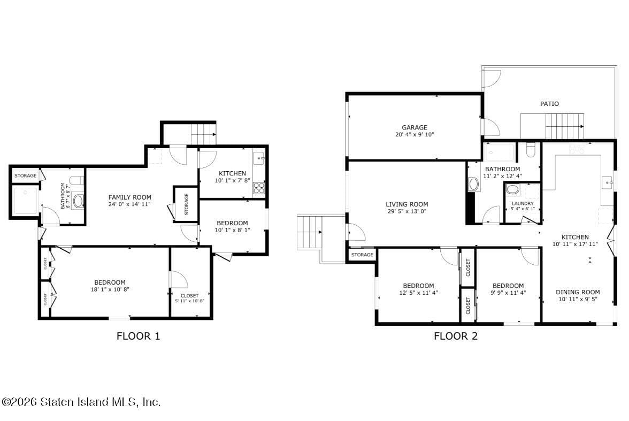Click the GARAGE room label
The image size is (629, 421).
click(415, 127)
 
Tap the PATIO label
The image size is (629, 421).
click(549, 104)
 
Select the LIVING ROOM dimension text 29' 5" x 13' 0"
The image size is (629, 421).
click(406, 211)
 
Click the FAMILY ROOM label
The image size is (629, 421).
click(130, 197)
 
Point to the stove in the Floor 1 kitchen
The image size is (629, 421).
click(259, 188)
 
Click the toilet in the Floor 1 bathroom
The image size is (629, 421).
click(77, 181)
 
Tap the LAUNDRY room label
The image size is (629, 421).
click(522, 204)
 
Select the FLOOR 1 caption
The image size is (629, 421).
click(138, 336)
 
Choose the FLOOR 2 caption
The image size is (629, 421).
click(455, 336)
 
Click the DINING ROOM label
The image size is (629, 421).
click(578, 292)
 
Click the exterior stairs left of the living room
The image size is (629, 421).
click(309, 232)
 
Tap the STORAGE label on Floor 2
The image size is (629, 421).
click(362, 255)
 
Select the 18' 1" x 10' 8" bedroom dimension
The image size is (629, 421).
click(110, 289)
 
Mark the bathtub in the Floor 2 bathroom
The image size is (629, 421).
click(499, 152)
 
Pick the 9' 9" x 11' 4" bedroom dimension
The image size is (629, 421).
click(508, 293)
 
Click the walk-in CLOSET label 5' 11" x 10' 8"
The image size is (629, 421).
click(189, 296)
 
